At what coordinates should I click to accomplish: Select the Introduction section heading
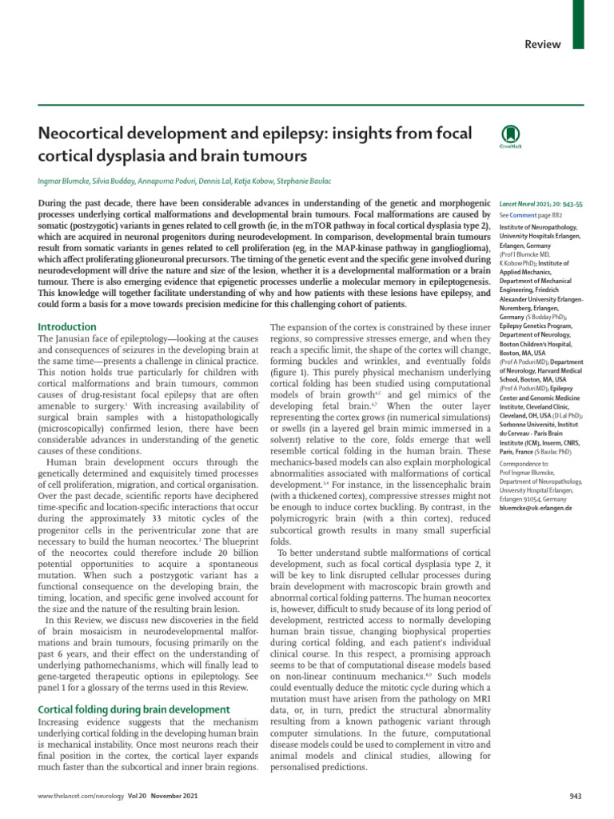pos(68,327)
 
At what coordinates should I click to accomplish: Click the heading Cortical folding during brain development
pos(135,709)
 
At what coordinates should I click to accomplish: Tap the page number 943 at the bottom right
pos(576,797)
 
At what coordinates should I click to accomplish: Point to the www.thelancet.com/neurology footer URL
pos(75,797)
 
